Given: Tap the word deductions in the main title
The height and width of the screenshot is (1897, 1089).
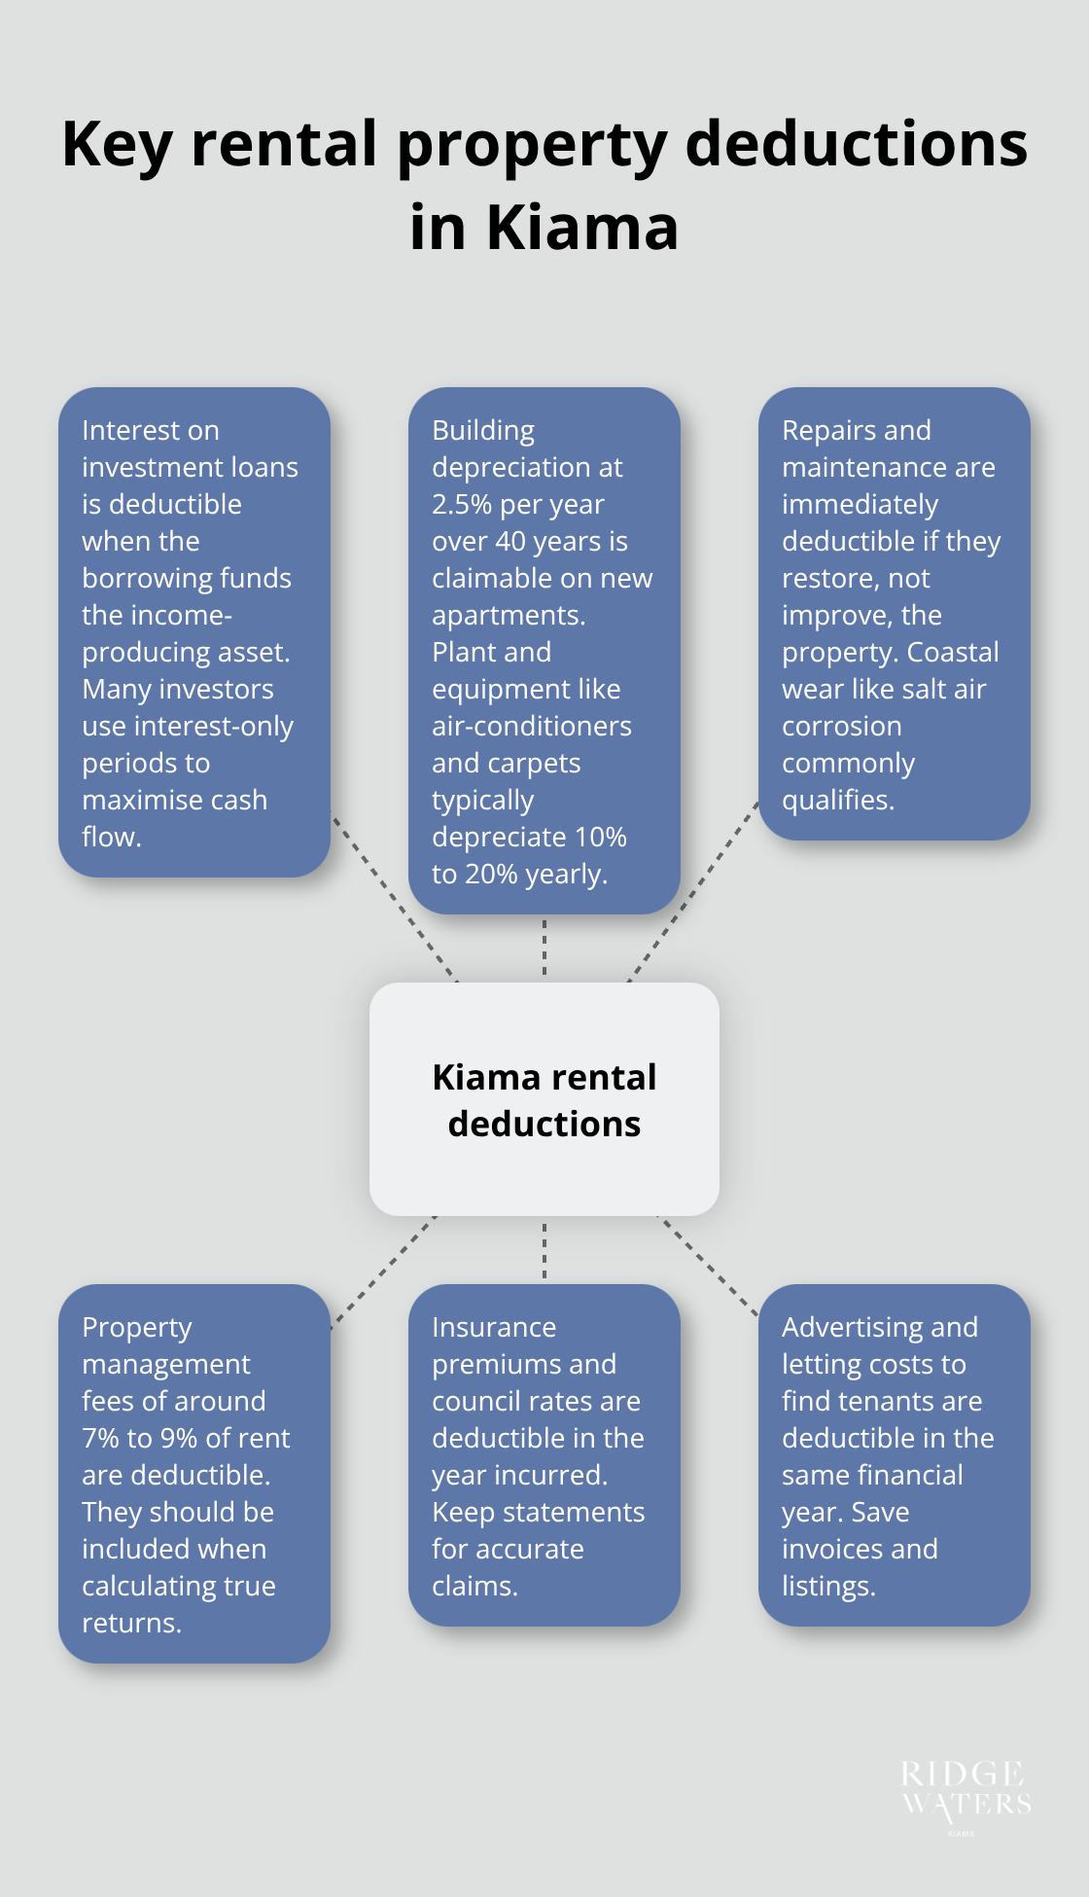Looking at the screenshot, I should coord(856,144).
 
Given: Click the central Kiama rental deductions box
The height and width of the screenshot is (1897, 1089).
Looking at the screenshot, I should coord(544,1099).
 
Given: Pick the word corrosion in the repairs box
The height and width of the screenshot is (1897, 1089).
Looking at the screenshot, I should coord(842,727).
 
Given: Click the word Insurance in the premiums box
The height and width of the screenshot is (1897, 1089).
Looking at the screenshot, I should coord(494,1328).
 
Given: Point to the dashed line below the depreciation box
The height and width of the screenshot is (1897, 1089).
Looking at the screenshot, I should coord(544,948).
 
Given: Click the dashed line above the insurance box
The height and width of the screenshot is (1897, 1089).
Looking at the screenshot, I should coord(544,1250).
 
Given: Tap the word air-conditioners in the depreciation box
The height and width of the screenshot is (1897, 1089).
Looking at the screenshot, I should coord(532,727).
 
